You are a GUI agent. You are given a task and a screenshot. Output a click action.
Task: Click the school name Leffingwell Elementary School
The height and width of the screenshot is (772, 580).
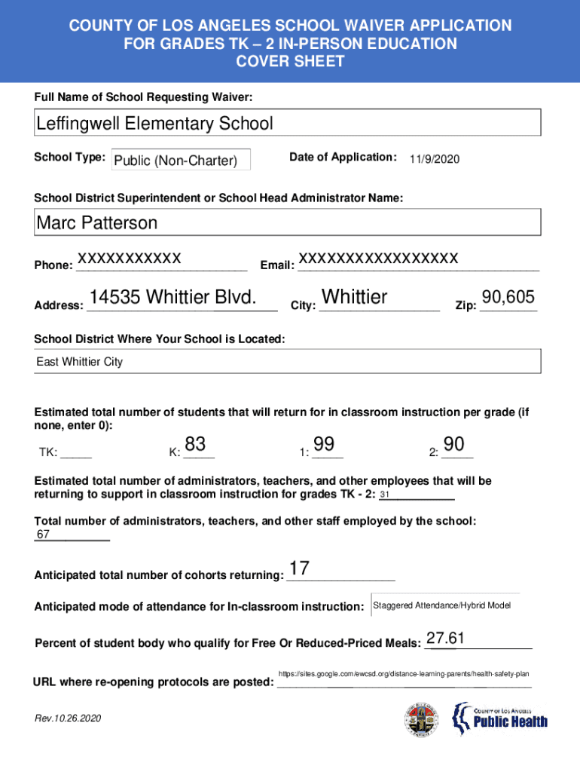coord(154,124)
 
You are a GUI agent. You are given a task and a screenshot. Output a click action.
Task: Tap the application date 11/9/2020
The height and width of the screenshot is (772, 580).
coord(435,160)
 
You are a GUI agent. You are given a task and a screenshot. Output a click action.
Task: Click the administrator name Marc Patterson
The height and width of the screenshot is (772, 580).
coord(97,223)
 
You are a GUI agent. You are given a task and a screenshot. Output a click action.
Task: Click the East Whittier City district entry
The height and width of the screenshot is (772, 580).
coord(80,363)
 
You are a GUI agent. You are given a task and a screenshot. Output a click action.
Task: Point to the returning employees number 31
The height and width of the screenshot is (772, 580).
coord(385,495)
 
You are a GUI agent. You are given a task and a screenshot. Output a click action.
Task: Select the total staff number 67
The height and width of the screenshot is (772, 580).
coord(44,535)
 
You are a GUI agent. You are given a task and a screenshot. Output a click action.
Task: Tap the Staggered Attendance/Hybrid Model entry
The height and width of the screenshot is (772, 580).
coord(442,606)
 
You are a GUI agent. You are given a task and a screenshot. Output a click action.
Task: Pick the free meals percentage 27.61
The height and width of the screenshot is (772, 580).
coord(445,639)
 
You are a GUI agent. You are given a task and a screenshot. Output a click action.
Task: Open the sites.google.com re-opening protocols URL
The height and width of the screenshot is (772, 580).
coord(404,673)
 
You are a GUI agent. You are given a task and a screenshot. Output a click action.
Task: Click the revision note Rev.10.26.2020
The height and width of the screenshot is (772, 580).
coord(68,718)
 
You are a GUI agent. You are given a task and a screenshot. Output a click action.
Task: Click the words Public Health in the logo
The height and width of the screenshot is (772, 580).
coord(510,722)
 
